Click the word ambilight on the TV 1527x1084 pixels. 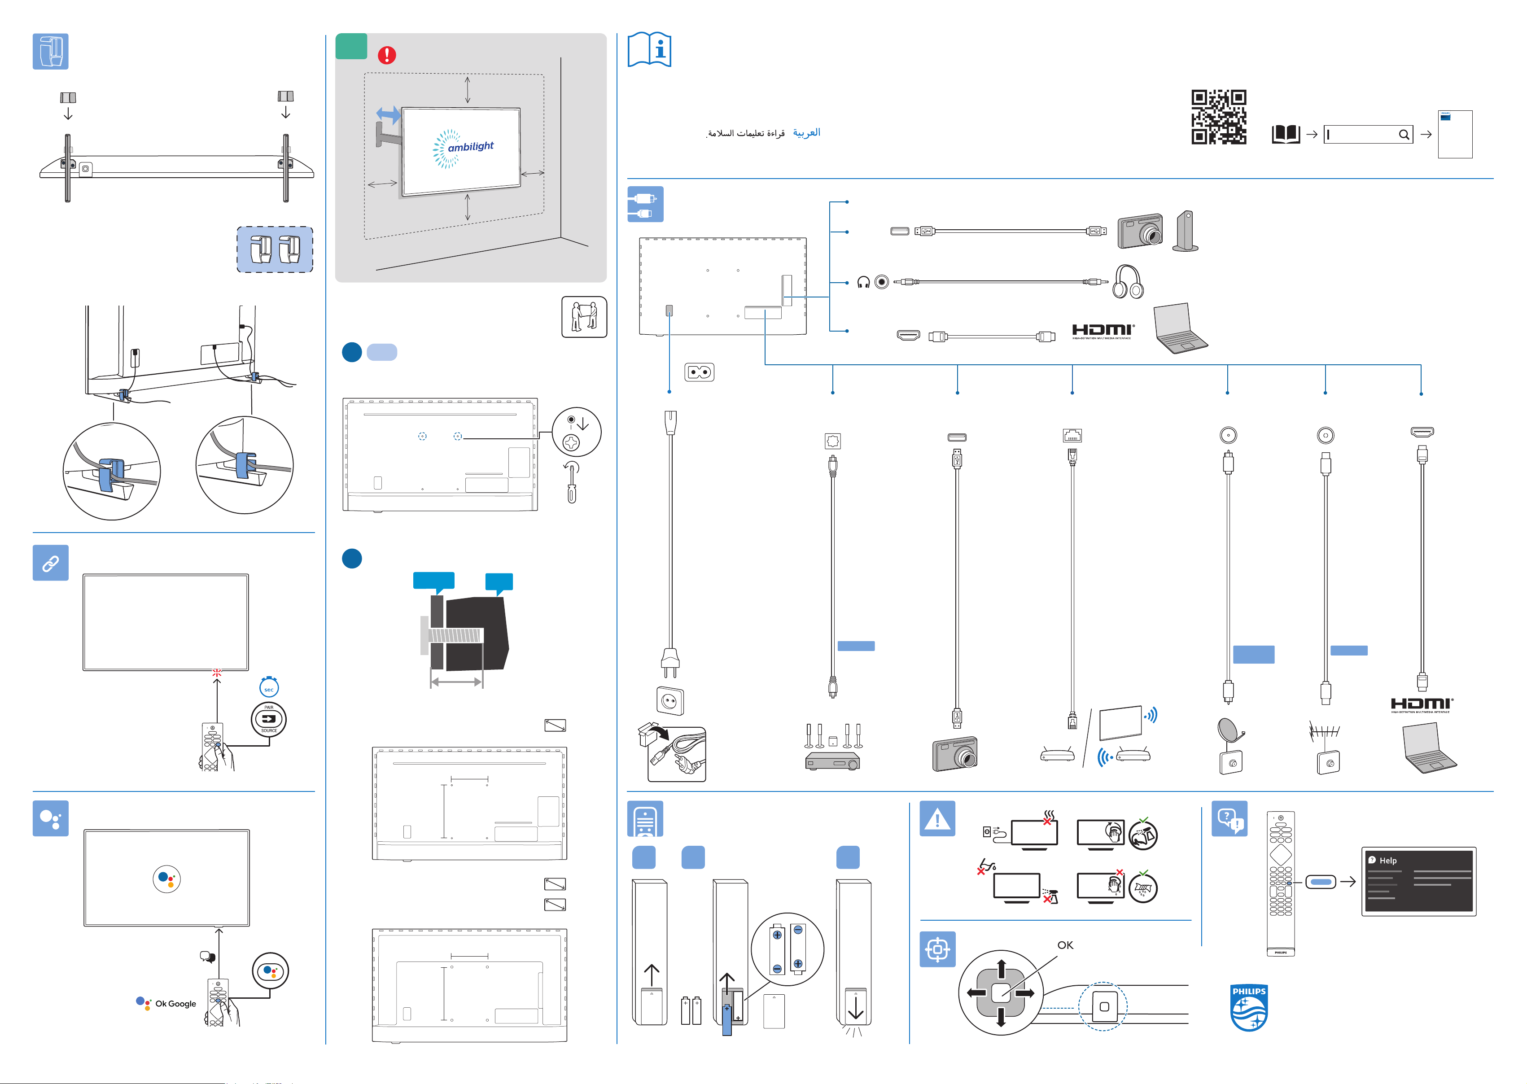click(471, 146)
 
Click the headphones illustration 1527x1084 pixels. click(1128, 282)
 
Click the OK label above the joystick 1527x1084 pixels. click(1065, 945)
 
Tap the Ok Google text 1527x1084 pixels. click(175, 1004)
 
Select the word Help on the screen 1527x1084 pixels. click(1388, 861)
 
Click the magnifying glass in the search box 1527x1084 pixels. click(1404, 135)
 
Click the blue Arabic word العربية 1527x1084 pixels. click(806, 133)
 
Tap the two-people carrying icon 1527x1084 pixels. click(584, 317)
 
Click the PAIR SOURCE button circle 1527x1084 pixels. click(269, 719)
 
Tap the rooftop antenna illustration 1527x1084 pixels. click(1325, 732)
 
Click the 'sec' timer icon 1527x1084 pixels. click(269, 687)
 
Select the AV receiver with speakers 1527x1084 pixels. click(832, 747)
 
